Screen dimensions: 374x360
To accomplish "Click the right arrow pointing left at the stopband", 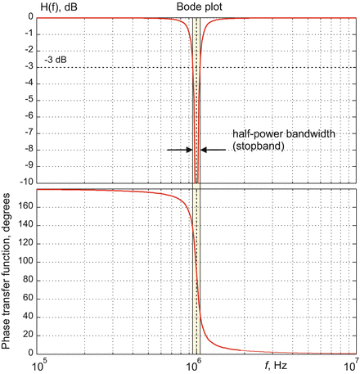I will (214, 150).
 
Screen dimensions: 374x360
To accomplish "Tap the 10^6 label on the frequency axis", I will (196, 361).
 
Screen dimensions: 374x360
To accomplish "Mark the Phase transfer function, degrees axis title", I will (7, 268).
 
